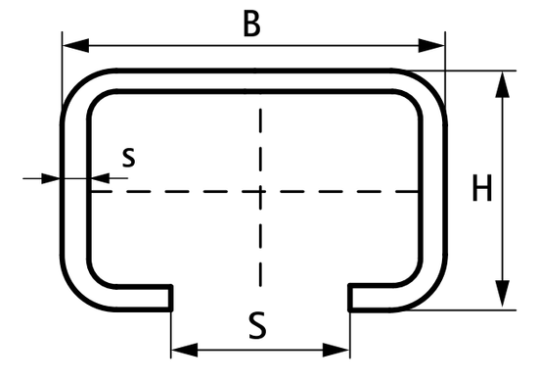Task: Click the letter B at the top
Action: [251, 24]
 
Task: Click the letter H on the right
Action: [480, 188]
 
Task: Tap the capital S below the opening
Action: [257, 324]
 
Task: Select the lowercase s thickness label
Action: [129, 156]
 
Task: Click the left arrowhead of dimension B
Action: [71, 44]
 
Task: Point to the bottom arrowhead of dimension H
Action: [502, 298]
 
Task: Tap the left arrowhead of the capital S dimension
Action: [181, 350]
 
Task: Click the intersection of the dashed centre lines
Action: [260, 192]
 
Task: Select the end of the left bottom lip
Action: [171, 298]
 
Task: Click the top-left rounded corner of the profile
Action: [80, 87]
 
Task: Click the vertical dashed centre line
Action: [260, 245]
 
